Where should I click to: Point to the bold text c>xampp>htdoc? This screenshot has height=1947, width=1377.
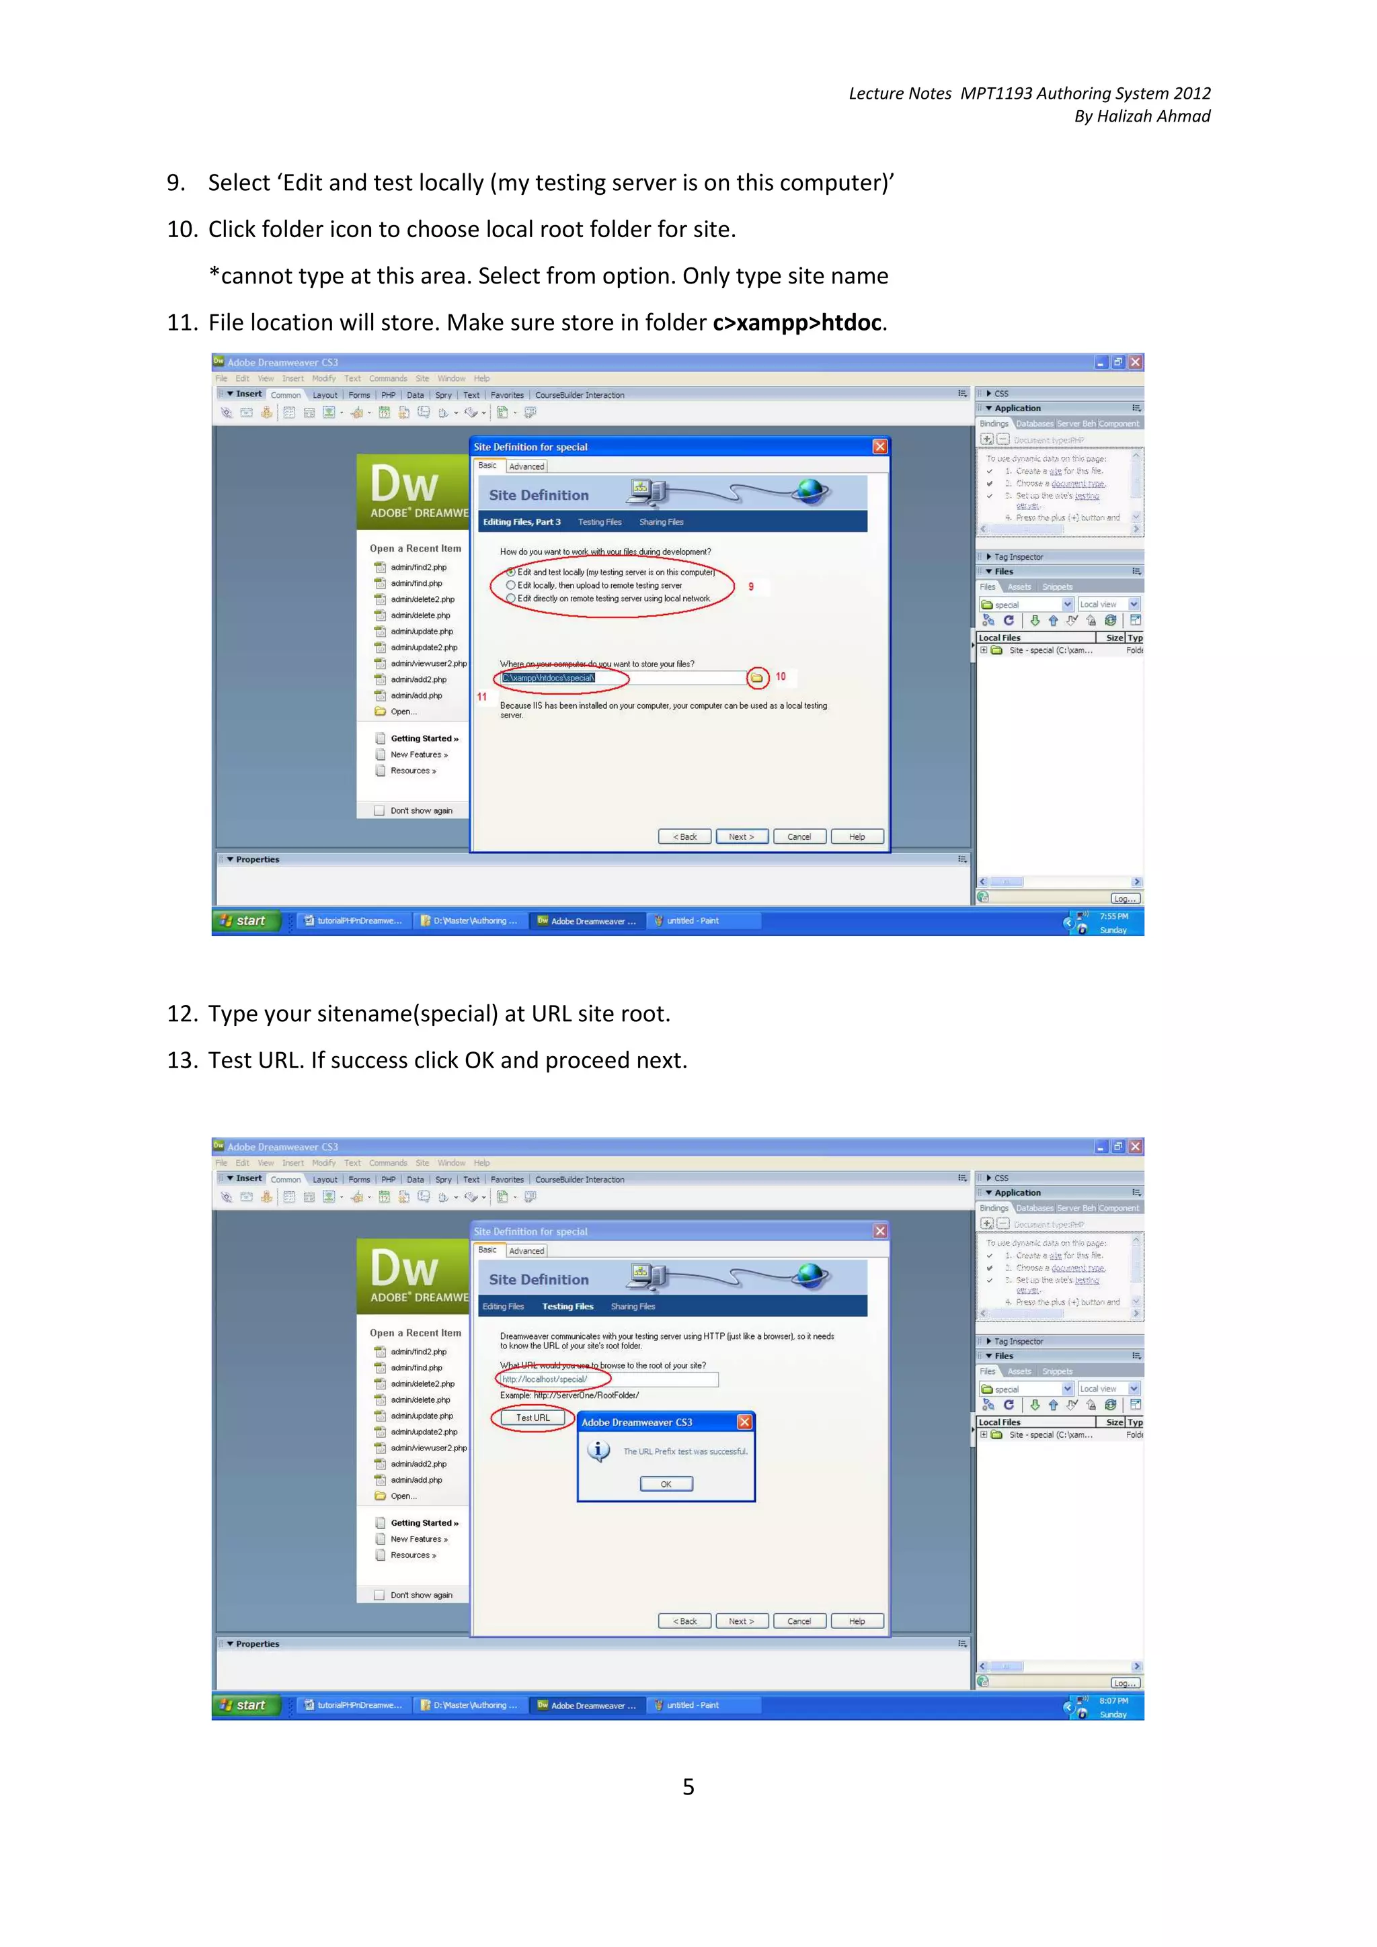pos(797,323)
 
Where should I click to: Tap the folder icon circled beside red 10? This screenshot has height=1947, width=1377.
pos(756,677)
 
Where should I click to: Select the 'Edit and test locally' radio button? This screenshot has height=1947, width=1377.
pos(511,572)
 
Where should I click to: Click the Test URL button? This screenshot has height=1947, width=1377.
pos(533,1418)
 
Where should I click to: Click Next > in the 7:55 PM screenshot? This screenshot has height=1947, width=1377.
pos(741,837)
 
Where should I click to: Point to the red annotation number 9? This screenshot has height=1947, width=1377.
pos(751,587)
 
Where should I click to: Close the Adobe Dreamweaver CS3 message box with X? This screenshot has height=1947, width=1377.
pos(744,1422)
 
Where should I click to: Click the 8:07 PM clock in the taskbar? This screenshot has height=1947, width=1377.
pos(1113,1700)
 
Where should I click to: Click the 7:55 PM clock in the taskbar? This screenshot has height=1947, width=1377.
pos(1113,916)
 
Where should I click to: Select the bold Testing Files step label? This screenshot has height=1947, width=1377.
pos(567,1307)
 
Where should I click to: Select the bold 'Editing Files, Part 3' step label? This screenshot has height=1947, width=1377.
pos(522,523)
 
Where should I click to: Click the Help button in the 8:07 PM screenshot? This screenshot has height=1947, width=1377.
pos(857,1621)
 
